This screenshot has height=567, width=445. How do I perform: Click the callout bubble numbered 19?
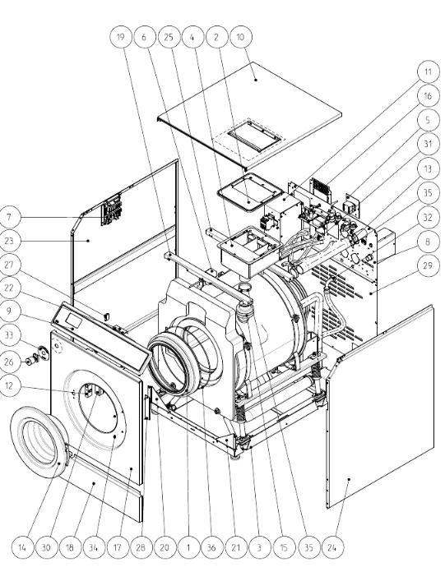(121, 36)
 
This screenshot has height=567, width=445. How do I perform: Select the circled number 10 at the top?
(240, 36)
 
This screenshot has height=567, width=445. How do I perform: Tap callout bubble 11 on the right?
(428, 71)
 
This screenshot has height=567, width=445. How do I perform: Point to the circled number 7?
(9, 217)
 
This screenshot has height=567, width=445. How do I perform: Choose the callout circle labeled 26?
(9, 362)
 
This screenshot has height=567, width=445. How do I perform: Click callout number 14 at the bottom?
(22, 547)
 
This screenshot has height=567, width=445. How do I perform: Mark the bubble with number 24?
(331, 547)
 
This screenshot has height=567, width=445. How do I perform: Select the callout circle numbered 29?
(428, 265)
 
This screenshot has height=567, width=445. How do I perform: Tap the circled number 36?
(211, 547)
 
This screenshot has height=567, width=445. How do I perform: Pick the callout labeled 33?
(9, 335)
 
